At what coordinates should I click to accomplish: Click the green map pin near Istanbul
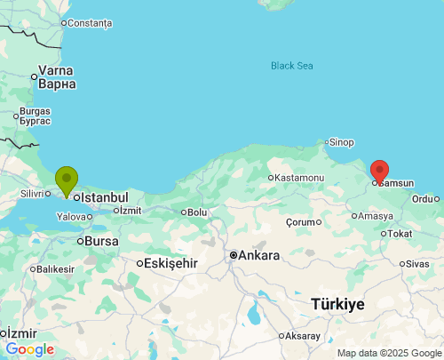66,180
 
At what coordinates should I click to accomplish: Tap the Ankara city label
258,255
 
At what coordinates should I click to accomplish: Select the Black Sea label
293,65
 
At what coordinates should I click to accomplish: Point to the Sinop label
342,142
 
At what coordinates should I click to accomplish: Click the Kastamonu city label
299,178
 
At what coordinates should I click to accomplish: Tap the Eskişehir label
170,263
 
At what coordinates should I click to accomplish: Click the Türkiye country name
337,304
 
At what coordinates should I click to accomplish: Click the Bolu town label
196,212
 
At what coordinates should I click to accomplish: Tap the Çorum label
301,221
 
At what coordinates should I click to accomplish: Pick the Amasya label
375,216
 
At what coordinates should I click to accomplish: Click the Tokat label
400,234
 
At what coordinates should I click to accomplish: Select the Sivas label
418,264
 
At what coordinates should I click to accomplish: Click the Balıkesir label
54,269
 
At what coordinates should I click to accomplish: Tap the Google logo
29,350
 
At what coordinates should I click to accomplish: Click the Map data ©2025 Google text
388,353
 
